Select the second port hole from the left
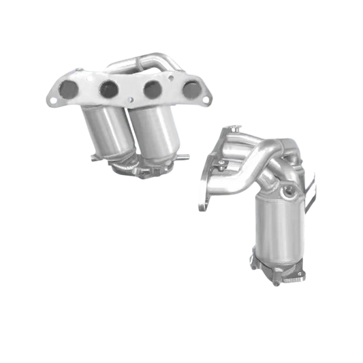pos(108,87)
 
